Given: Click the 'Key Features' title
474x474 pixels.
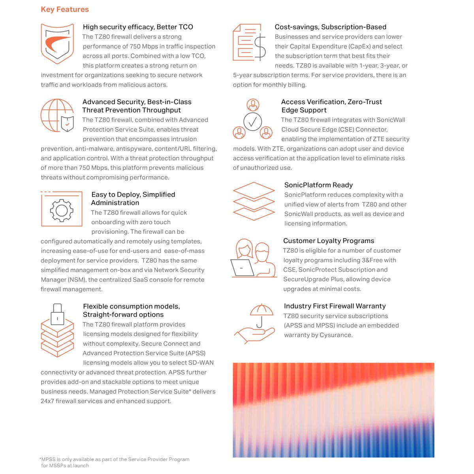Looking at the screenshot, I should [65, 9].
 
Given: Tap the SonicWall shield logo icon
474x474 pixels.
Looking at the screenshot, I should [58, 43].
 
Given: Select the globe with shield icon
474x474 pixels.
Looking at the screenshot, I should [57, 115].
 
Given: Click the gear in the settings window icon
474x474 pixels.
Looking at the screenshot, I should [62, 210].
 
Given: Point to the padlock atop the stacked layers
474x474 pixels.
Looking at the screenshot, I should [58, 314].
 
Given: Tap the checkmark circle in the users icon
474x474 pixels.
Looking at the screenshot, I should [252, 121].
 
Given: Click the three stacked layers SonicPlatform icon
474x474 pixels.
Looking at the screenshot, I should [254, 201].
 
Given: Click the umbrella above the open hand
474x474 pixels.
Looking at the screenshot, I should [261, 311].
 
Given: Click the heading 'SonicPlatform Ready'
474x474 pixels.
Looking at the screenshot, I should [318, 185].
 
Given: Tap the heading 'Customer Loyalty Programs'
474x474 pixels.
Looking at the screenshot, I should [329, 241].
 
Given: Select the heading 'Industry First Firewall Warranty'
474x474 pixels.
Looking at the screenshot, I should [335, 306].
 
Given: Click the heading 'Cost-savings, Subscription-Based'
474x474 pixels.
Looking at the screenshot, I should [330, 27].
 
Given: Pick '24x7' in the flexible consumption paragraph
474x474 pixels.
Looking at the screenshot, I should [47, 401].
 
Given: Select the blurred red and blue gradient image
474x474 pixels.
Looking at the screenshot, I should [333, 410].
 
